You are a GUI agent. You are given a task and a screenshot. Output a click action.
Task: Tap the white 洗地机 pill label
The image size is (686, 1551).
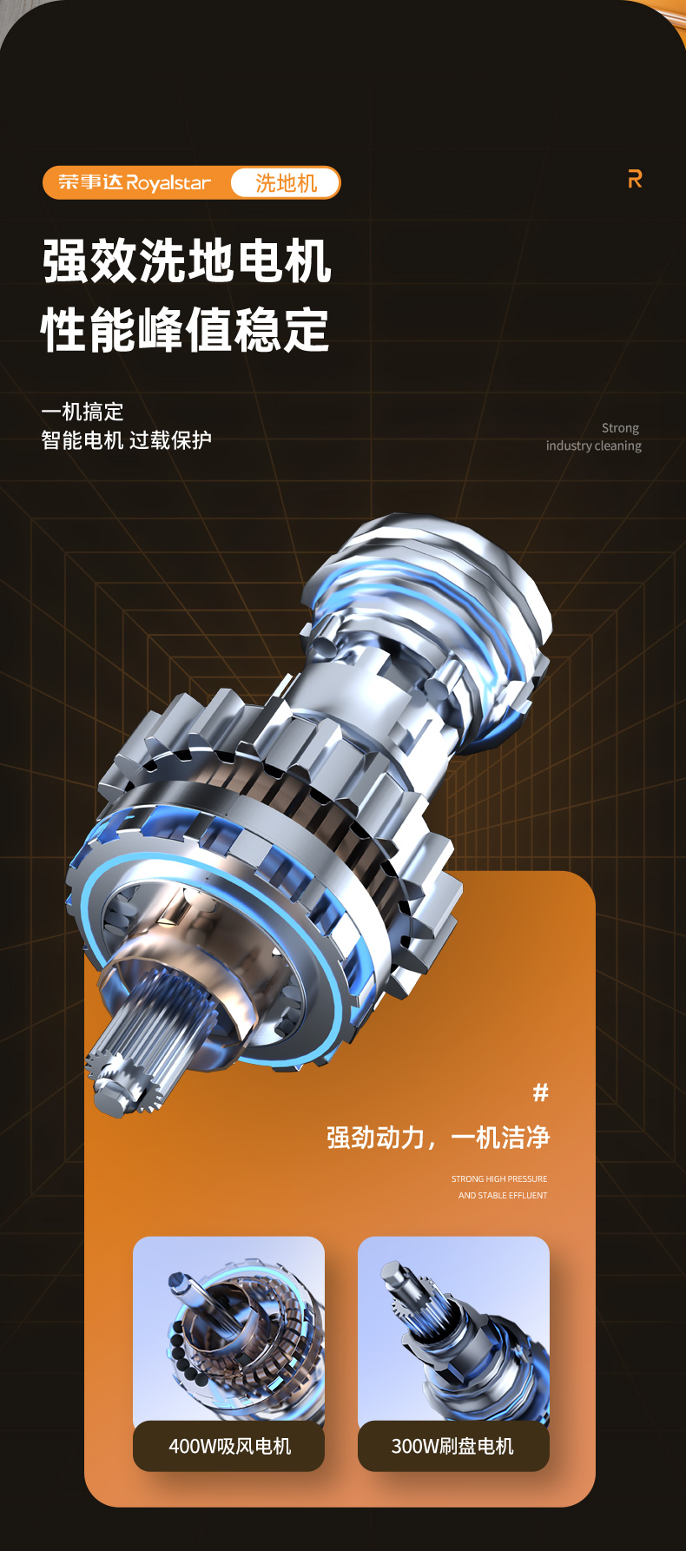(286, 183)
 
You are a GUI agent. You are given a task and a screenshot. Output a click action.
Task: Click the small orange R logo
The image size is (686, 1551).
(636, 179)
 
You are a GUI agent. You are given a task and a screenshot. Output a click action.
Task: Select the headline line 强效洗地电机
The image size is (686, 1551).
(187, 261)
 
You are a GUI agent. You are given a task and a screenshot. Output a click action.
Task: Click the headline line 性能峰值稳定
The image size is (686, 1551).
(185, 330)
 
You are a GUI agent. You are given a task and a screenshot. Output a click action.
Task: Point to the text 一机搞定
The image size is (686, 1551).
(82, 412)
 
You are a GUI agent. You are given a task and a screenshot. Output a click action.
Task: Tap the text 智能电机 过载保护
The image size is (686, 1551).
(127, 440)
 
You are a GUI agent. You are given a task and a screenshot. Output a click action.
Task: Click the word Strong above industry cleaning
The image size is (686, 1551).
(620, 428)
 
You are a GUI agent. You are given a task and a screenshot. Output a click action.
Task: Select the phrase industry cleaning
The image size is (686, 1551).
(594, 445)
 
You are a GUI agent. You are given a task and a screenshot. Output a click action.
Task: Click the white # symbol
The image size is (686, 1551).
(541, 1092)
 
